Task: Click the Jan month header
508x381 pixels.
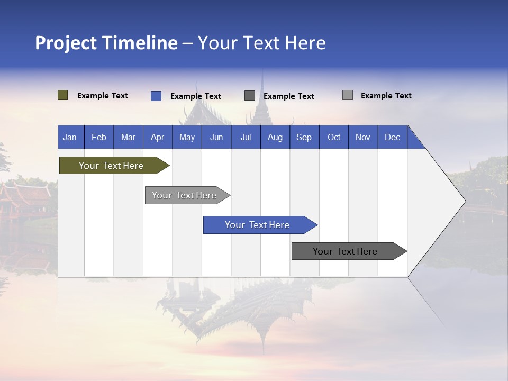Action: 70,137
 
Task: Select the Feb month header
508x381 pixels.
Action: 99,137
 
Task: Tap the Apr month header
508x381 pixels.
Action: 157,137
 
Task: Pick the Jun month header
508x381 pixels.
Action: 216,137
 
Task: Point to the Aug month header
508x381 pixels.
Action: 275,137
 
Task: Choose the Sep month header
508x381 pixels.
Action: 304,137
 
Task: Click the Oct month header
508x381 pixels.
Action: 334,137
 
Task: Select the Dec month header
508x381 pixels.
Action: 392,137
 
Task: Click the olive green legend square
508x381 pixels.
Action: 62,95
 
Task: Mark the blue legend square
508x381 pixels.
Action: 156,96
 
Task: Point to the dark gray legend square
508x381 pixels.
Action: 250,96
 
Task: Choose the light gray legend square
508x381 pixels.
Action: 347,95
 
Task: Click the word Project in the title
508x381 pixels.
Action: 66,43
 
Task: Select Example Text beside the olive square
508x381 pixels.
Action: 103,96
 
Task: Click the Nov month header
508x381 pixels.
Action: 363,137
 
